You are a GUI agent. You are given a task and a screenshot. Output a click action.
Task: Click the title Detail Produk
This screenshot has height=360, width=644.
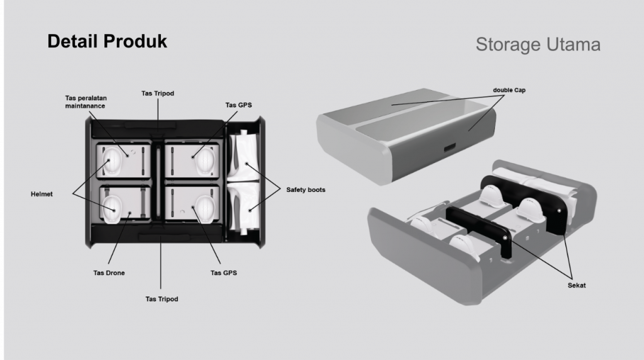point(108,42)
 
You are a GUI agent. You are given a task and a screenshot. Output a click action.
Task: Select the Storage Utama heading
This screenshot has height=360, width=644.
point(538,45)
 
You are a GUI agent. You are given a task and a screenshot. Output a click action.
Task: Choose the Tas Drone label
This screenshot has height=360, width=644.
point(109,273)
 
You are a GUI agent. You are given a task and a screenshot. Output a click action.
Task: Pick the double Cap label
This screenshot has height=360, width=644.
point(510,90)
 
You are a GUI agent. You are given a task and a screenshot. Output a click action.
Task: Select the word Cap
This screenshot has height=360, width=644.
point(519,90)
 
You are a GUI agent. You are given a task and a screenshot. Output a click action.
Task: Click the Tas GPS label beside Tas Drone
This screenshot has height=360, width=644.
point(224,273)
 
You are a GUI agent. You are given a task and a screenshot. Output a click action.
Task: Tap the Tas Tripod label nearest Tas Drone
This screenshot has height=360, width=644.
point(162,299)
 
